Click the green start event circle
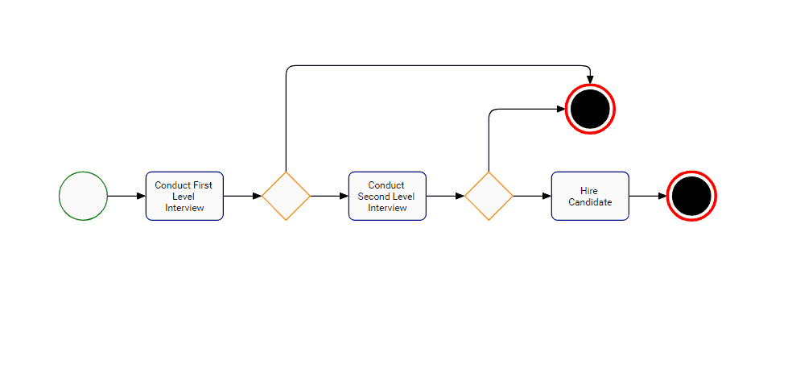83,196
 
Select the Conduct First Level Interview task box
184,196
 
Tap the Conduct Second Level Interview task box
387,196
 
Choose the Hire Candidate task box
590,196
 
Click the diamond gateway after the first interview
286,196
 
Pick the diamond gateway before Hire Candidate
489,196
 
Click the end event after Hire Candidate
691,196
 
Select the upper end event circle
590,109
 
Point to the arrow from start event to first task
126,196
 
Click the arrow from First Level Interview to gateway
242,196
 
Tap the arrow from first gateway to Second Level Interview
329,196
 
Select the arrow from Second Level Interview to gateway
445,196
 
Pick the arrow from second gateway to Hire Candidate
532,196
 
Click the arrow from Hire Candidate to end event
648,196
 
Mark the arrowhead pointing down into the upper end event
590,79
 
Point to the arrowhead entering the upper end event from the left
561,109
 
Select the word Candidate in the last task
590,202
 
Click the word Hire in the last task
589,191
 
